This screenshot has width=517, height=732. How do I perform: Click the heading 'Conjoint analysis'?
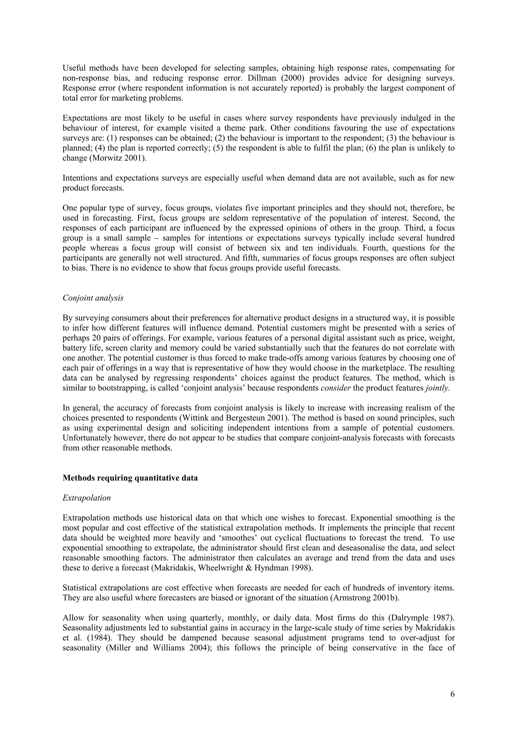(93, 298)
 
